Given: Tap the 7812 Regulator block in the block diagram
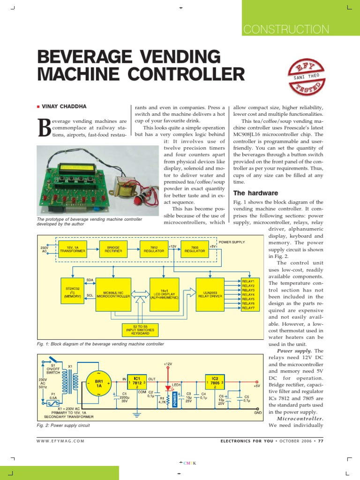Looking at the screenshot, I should [x=154, y=249].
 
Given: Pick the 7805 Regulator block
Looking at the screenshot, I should [x=195, y=249].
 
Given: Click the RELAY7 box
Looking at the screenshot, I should [x=248, y=308].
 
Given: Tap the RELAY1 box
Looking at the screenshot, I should [x=248, y=281].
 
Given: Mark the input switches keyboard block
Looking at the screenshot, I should [x=137, y=330].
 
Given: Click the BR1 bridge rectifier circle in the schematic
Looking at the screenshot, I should [x=99, y=383].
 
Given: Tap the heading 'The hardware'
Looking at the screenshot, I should [x=255, y=193].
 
